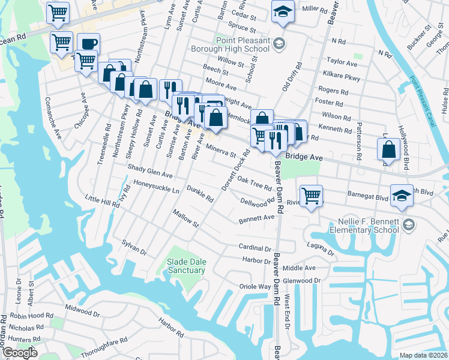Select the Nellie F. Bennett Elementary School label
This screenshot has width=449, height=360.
[364, 225]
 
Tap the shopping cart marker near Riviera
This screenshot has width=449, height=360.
[311, 195]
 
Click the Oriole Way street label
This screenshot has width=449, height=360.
[255, 287]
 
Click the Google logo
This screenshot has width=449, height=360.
[20, 353]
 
